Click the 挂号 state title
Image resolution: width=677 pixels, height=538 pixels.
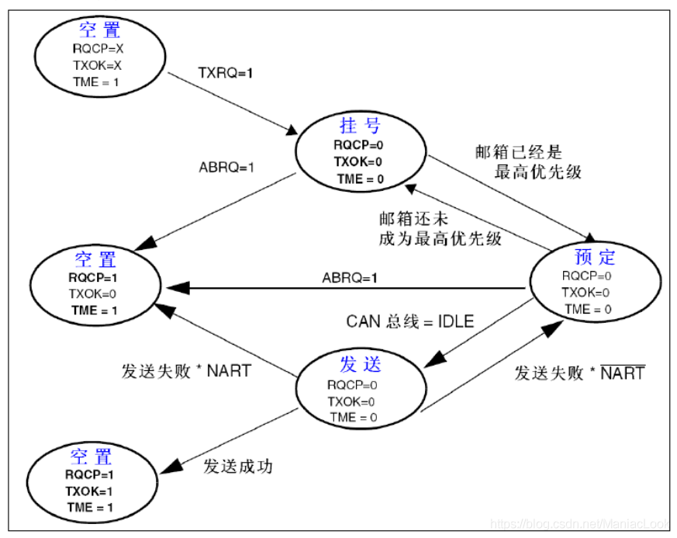click(360, 125)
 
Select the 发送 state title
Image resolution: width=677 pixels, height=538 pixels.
click(361, 363)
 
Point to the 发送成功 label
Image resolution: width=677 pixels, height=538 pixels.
click(238, 467)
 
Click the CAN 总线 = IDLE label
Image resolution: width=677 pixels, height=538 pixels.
click(409, 321)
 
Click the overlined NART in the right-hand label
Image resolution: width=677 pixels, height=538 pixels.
click(623, 373)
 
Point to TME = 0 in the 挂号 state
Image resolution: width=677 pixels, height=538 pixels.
click(360, 179)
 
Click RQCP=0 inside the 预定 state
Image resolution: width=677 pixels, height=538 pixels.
click(587, 276)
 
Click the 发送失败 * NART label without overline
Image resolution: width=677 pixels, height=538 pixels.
click(186, 370)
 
